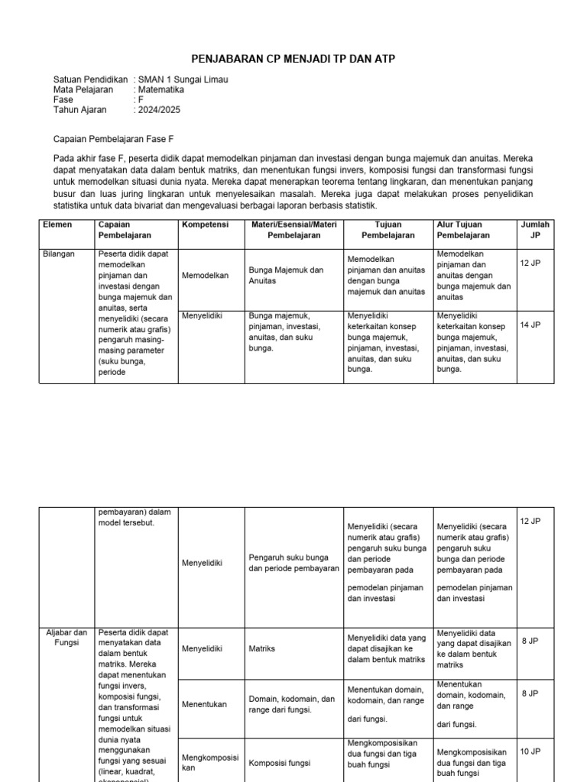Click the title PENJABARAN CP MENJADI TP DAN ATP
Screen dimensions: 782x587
click(x=293, y=59)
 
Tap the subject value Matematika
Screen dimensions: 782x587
click(x=163, y=89)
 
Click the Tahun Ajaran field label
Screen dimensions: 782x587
click(x=80, y=109)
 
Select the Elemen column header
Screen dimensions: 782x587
click(x=57, y=225)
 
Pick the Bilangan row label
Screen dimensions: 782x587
click(x=59, y=254)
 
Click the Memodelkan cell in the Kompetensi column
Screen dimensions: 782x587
click(x=205, y=276)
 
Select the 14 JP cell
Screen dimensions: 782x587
click(x=530, y=325)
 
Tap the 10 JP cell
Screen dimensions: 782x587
click(x=530, y=751)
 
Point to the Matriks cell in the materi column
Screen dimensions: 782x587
click(x=262, y=648)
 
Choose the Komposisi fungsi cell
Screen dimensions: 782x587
click(x=280, y=762)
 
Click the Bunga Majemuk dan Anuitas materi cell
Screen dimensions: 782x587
click(x=286, y=276)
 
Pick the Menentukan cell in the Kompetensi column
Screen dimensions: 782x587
click(x=204, y=704)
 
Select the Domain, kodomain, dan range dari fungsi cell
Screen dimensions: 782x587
click(x=292, y=704)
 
